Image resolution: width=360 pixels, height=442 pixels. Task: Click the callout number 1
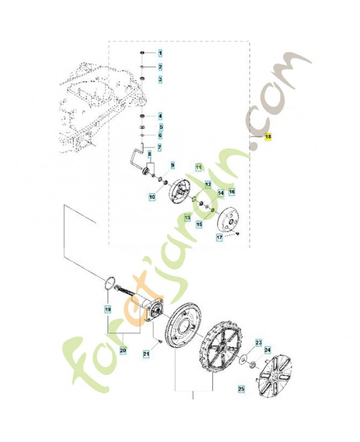pyautogui.click(x=160, y=54)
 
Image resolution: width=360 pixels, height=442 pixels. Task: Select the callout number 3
pyautogui.click(x=160, y=80)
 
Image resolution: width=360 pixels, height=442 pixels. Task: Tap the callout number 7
pyautogui.click(x=160, y=148)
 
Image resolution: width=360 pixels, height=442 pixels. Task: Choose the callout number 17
pyautogui.click(x=219, y=237)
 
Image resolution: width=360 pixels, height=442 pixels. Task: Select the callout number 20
pyautogui.click(x=123, y=350)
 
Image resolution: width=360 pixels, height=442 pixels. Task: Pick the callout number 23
pyautogui.click(x=258, y=343)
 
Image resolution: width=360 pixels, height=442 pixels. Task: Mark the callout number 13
pyautogui.click(x=187, y=219)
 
